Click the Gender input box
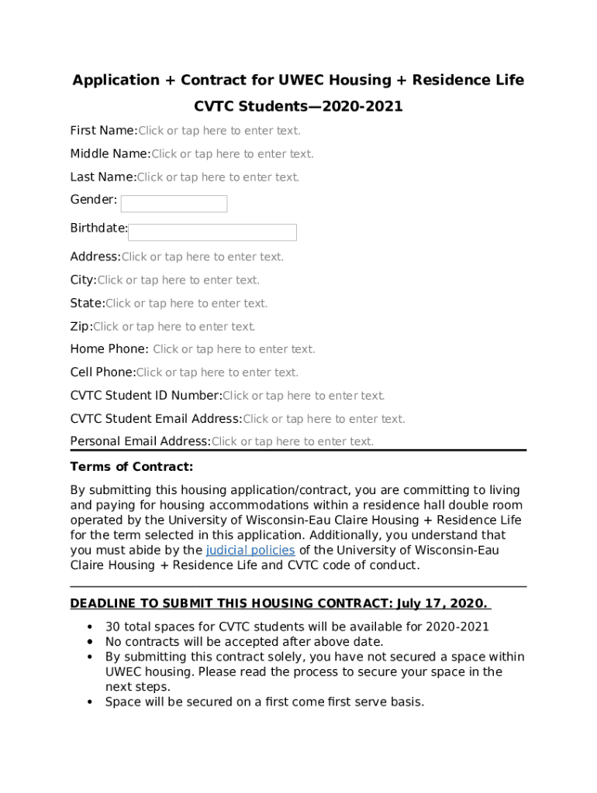(174, 204)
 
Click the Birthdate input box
(212, 232)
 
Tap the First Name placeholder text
(219, 131)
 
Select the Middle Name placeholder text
(233, 154)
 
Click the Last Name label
(103, 177)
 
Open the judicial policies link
(250, 550)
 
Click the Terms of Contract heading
(131, 467)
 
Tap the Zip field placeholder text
(174, 327)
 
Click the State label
(87, 304)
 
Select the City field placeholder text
(178, 280)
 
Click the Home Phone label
(109, 349)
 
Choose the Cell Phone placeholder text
(217, 372)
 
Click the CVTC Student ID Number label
(146, 396)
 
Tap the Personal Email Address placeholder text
(292, 441)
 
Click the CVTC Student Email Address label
(156, 419)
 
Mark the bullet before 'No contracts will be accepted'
(91, 642)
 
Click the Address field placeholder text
(202, 257)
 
